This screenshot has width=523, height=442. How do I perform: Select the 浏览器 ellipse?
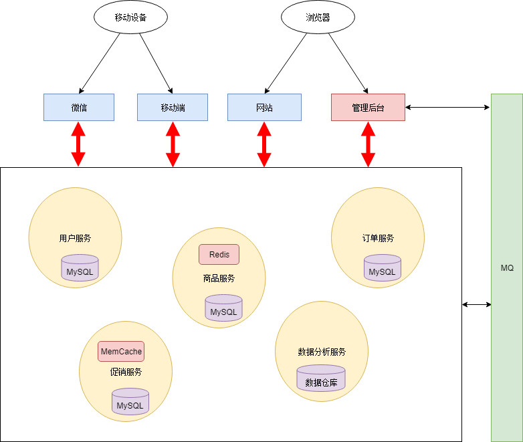click(318, 18)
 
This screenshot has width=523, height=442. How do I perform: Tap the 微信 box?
click(79, 108)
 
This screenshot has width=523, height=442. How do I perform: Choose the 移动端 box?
click(173, 108)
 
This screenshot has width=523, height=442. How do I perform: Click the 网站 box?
click(264, 108)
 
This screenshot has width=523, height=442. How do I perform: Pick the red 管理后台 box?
click(368, 108)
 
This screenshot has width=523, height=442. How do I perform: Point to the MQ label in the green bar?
click(507, 267)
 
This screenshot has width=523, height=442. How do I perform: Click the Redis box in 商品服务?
click(219, 255)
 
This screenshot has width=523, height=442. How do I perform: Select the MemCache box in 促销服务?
click(121, 351)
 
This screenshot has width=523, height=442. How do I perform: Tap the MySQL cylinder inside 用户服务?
click(80, 269)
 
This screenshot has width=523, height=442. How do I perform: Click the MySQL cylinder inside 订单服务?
click(383, 269)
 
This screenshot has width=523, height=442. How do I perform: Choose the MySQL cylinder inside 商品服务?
click(223, 308)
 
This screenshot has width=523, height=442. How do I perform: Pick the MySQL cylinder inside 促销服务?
click(130, 402)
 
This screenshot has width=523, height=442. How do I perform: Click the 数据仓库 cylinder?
click(321, 379)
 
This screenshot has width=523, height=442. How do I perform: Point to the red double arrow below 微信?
click(79, 144)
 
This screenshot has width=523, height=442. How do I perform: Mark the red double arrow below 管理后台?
click(368, 144)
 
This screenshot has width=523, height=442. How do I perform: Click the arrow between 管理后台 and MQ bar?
click(448, 107)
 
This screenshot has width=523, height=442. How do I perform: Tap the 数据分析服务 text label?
click(322, 352)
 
